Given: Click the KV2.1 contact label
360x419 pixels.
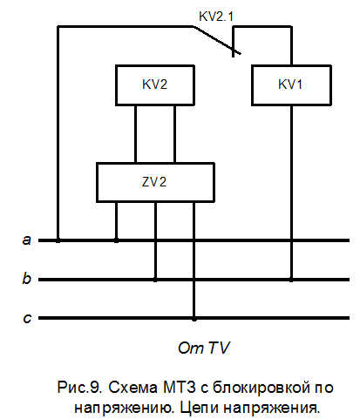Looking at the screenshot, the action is tap(216, 17).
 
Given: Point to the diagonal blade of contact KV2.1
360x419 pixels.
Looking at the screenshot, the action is tap(217, 40).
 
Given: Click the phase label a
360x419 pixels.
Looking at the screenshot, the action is tap(27, 240).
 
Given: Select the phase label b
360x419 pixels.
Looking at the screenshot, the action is tap(27, 278).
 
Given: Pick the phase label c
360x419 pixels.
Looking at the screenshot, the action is tap(27, 318).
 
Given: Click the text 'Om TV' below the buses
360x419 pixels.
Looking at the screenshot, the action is tap(204, 348).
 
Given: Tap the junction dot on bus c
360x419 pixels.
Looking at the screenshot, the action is tap(194, 319).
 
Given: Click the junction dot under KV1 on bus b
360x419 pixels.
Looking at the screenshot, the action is tap(291, 280).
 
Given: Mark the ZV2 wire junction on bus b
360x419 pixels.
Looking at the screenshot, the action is tap(155, 280).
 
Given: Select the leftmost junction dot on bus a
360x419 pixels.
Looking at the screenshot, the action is tap(58, 240).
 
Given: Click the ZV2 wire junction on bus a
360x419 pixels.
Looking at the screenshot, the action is tap(116, 240).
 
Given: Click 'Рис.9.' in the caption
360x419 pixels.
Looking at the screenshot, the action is tap(79, 388).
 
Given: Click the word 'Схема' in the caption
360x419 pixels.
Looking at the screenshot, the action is tap(132, 388).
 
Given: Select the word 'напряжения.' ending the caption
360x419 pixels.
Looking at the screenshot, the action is tap(272, 409).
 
